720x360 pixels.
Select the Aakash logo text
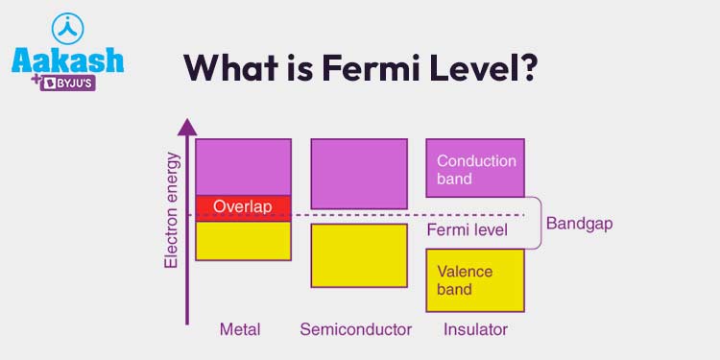[67, 60]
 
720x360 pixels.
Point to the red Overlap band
[243, 206]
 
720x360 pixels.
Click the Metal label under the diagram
[240, 329]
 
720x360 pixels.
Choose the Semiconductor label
[355, 329]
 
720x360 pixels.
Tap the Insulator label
[475, 329]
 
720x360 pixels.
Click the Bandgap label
[579, 224]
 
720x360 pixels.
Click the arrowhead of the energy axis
[187, 126]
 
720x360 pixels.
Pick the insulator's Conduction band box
[475, 168]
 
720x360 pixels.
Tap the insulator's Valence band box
[475, 279]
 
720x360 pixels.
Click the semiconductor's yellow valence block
[358, 255]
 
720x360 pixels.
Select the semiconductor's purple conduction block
[358, 174]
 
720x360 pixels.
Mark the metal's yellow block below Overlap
[243, 240]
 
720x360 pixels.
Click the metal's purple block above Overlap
[243, 167]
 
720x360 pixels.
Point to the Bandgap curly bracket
[538, 223]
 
